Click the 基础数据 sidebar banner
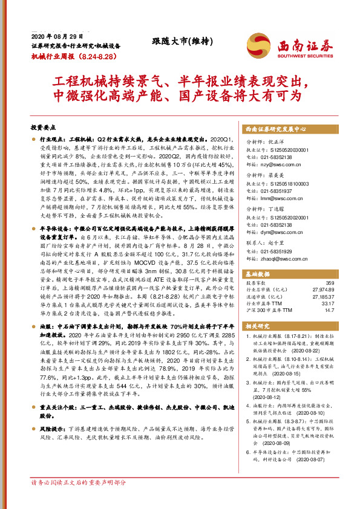(x=260, y=273)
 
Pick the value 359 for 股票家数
(x=330, y=283)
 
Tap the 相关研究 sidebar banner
(x=260, y=325)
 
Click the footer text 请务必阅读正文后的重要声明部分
(x=78, y=499)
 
